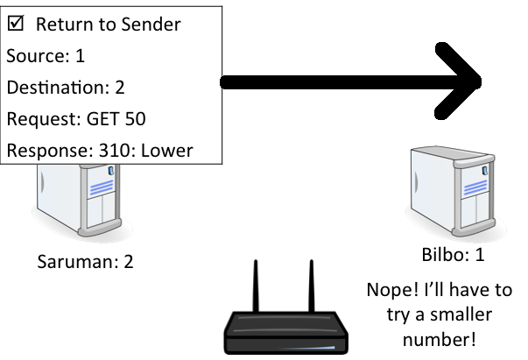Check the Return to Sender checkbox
(16, 25)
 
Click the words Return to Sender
(108, 25)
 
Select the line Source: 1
(46, 56)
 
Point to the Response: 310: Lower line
(99, 151)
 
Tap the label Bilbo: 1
(452, 255)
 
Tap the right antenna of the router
(311, 289)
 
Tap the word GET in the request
(102, 119)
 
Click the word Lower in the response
(167, 151)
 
